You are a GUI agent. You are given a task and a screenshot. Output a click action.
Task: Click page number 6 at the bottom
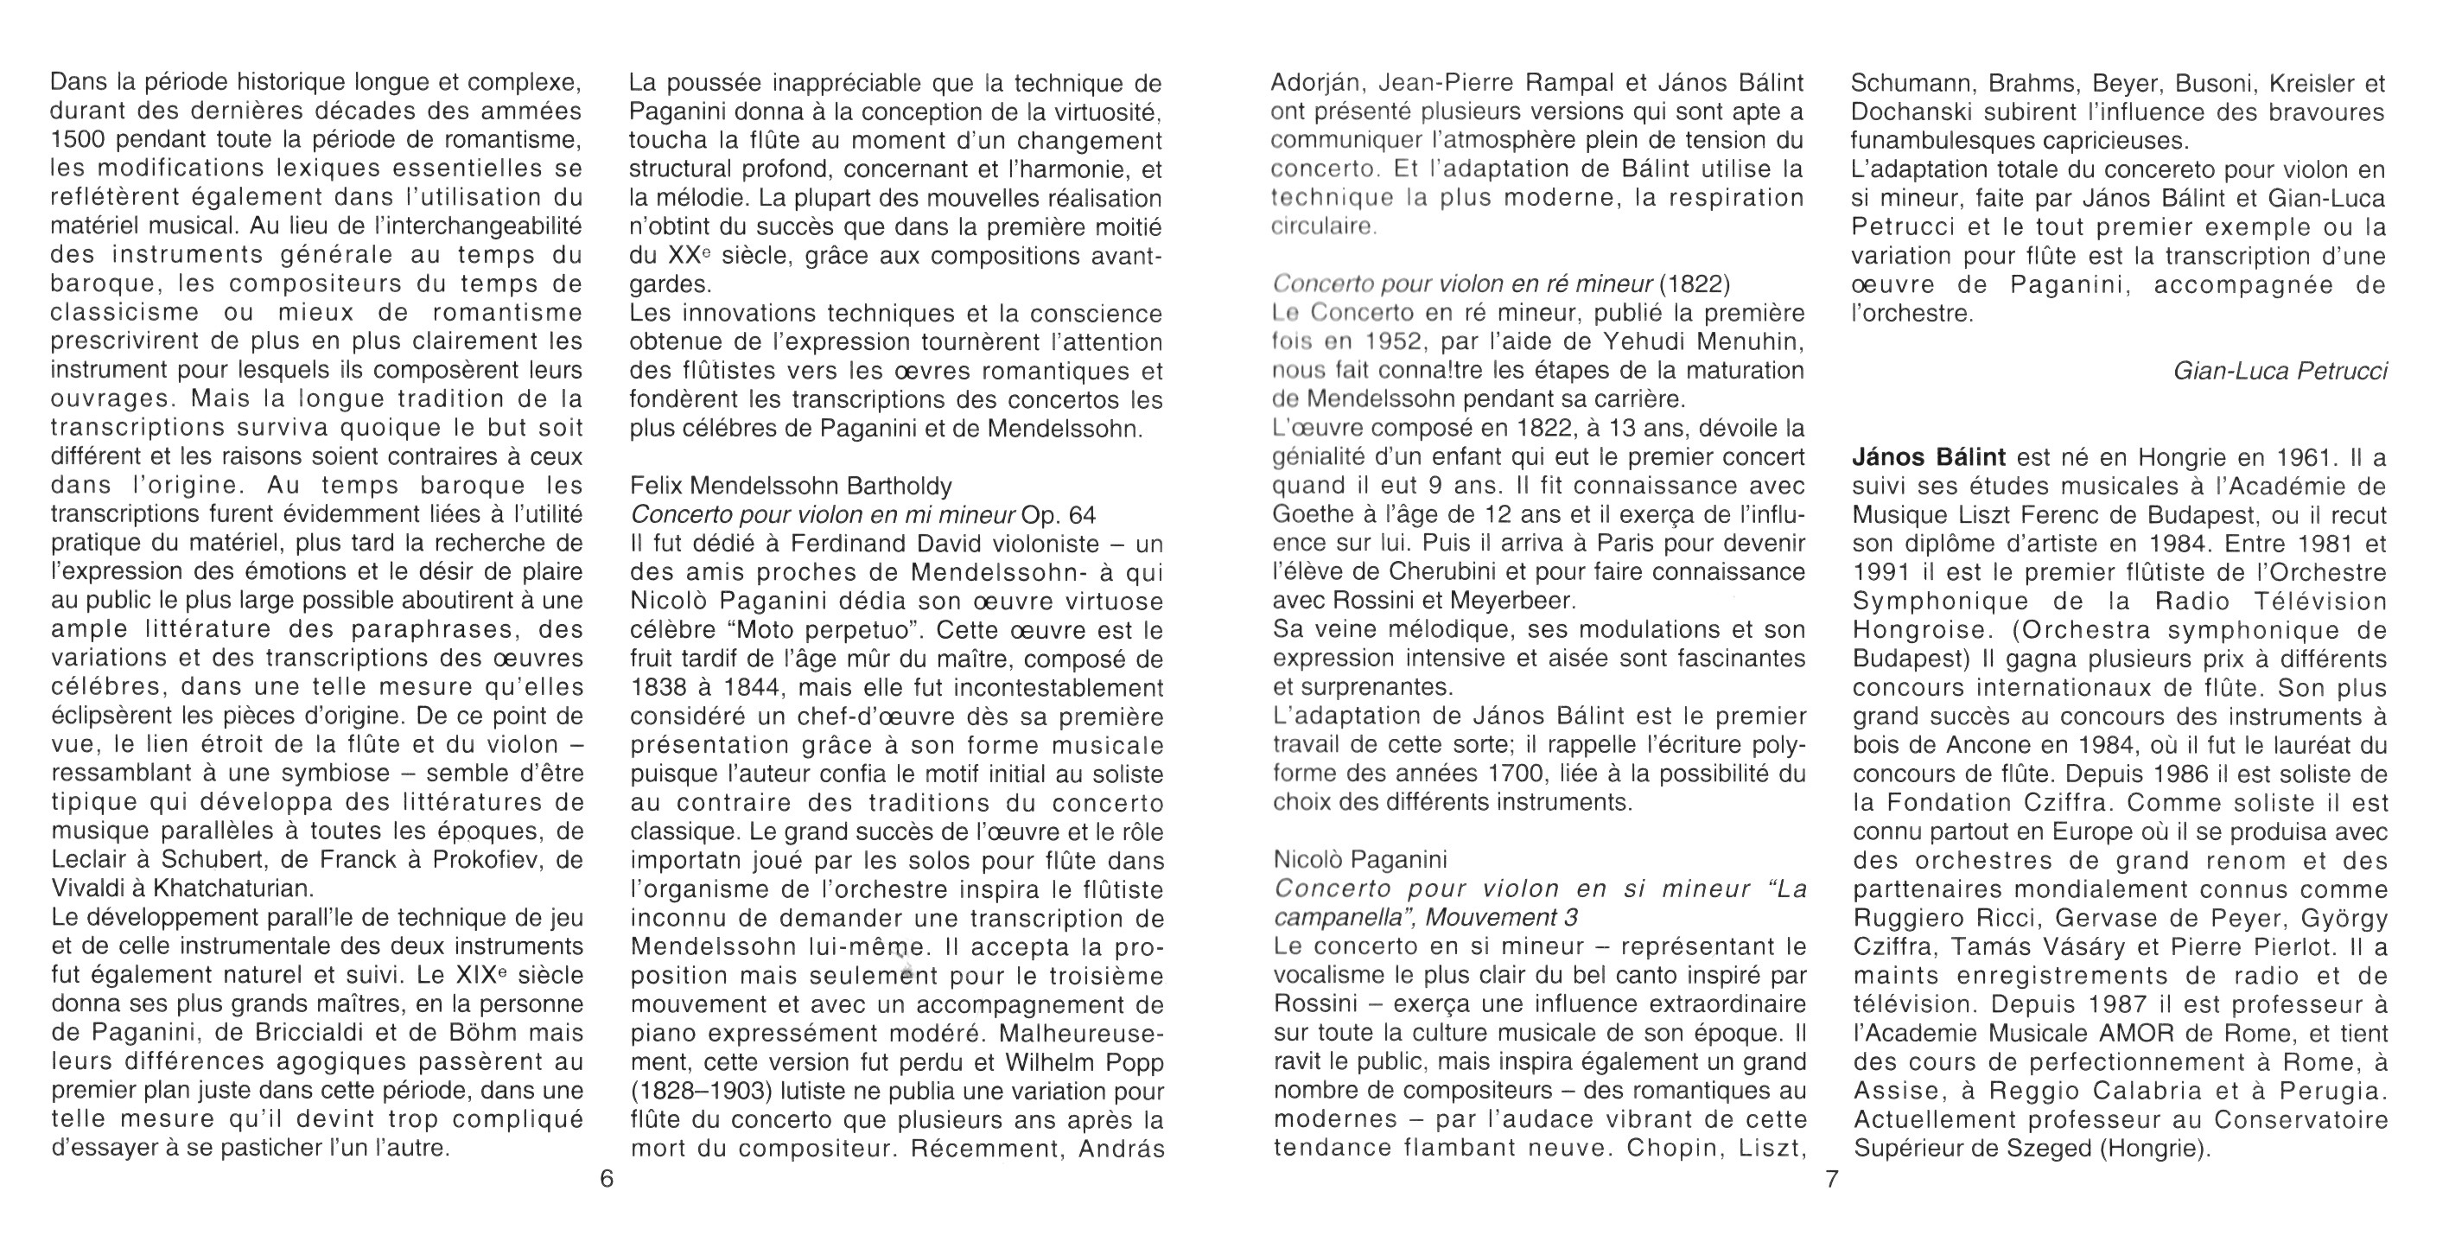[x=607, y=1179]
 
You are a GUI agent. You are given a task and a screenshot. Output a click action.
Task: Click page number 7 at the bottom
[x=1832, y=1179]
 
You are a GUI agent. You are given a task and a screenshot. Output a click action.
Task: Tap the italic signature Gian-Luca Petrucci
[x=2280, y=371]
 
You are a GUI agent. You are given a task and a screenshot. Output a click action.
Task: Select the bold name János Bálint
[x=1929, y=457]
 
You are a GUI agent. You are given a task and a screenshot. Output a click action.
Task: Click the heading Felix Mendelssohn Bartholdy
[x=791, y=486]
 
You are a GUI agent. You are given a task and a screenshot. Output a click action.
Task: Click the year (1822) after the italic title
[x=1695, y=283]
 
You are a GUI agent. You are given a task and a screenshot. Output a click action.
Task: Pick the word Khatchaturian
[x=234, y=889]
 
